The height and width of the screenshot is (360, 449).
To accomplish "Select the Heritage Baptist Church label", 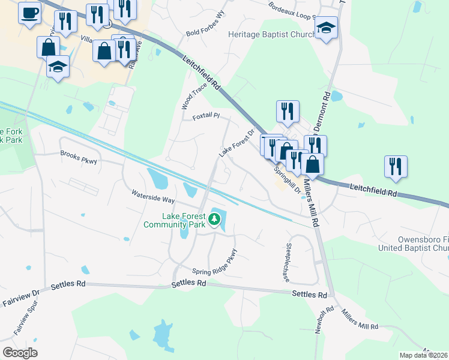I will pos(271,34).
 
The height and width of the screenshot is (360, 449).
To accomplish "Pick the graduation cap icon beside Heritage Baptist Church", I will pos(326,28).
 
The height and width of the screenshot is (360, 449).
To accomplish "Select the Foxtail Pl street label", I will pos(206,116).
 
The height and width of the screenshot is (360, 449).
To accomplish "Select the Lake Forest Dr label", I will pos(237,142).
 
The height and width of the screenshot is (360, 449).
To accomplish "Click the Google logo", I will pos(20,352).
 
